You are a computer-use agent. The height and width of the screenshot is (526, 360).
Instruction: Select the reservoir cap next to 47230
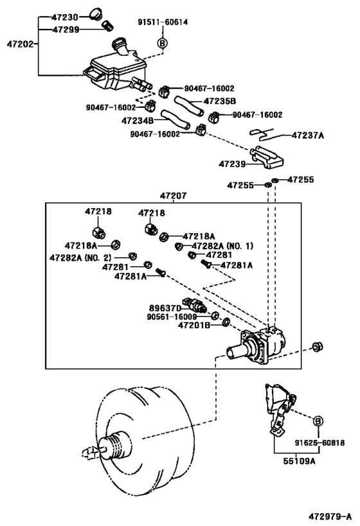(x=96, y=14)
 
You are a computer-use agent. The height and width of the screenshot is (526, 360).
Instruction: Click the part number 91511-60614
(x=163, y=22)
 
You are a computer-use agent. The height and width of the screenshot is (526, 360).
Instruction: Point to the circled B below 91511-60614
(x=163, y=43)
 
